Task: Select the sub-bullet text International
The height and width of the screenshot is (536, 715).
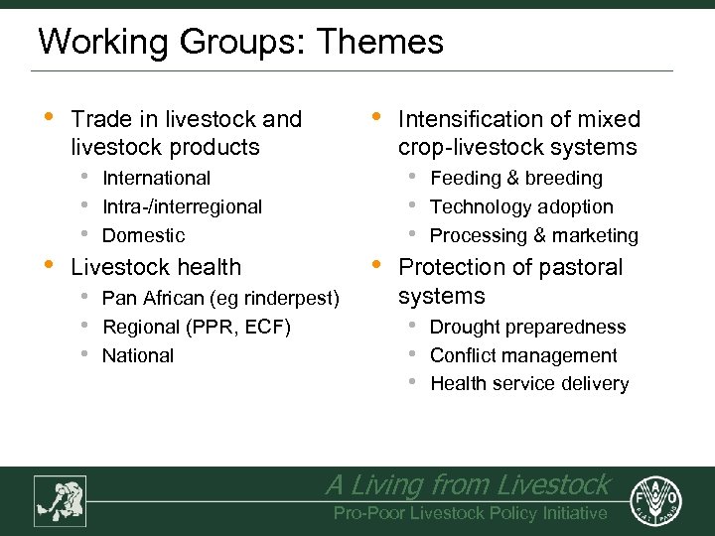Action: [x=157, y=178]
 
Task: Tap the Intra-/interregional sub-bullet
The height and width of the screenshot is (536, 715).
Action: [x=183, y=206]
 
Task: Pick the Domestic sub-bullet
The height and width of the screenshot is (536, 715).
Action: [x=144, y=235]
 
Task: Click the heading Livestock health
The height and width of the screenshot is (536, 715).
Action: [x=156, y=267]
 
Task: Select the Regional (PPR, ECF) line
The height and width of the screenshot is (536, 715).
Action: [x=197, y=327]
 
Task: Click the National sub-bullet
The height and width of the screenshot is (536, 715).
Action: [x=138, y=355]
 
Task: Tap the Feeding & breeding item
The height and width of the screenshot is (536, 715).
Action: [x=516, y=178]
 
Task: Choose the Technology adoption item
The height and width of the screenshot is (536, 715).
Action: [x=521, y=206]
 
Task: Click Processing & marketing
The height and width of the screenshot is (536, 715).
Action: [x=534, y=235]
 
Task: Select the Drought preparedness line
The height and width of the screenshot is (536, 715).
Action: [x=528, y=327]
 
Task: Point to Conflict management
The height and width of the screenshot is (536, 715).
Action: [x=523, y=355]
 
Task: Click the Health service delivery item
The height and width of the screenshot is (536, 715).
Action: [x=529, y=384]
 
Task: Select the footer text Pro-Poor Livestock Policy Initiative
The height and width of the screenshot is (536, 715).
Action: [x=470, y=513]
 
